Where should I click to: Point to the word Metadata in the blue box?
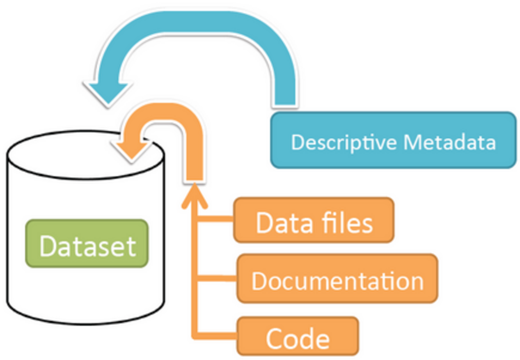449,142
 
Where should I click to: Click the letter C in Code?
275,338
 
